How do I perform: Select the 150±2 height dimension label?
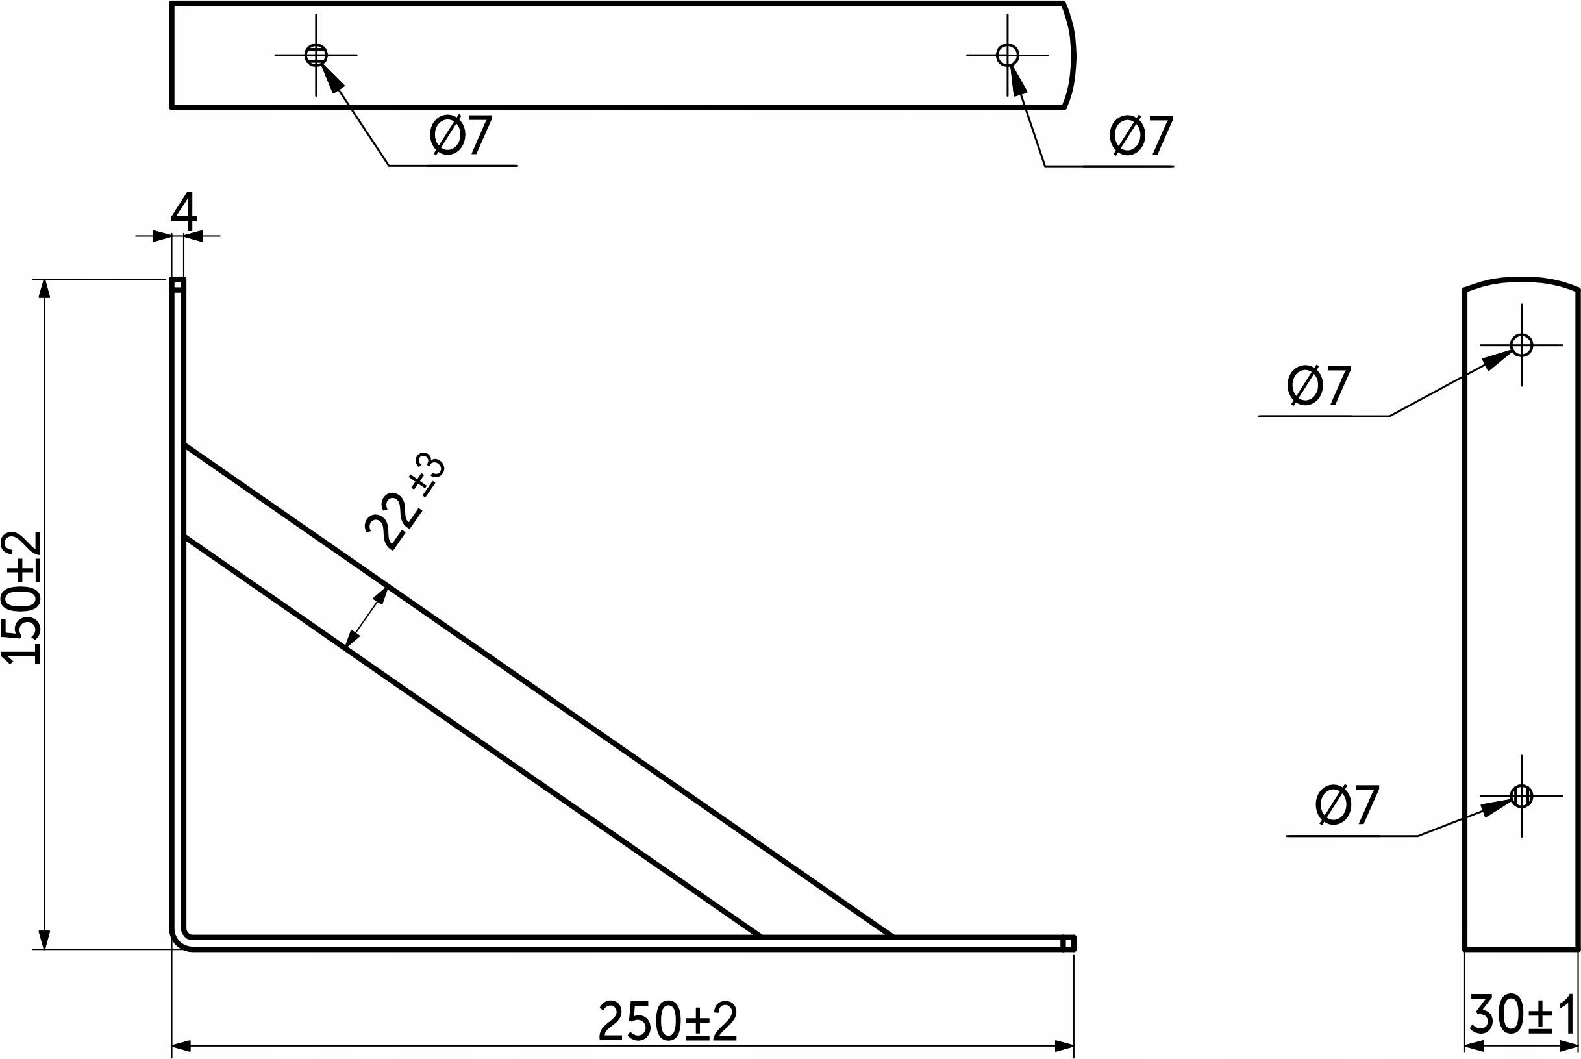coord(23,598)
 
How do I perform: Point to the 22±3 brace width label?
coord(404,503)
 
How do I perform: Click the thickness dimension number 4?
coord(184,212)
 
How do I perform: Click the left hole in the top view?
coord(316,55)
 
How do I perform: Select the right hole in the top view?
coord(1008,55)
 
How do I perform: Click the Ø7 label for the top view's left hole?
coord(461,135)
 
